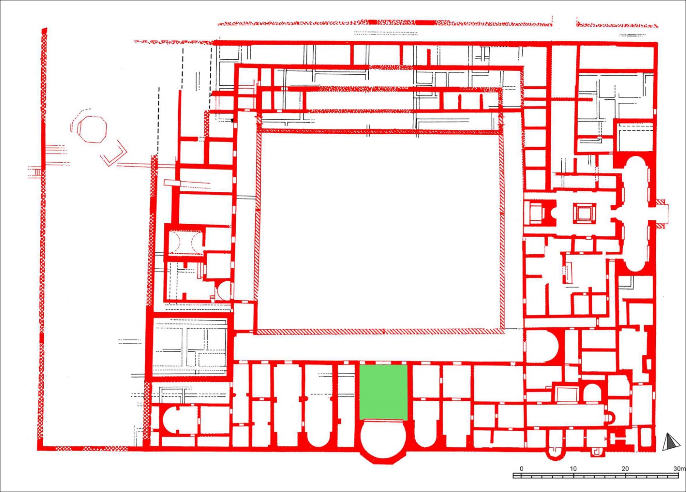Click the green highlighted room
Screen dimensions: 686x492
383,392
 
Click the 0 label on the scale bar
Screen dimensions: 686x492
522,469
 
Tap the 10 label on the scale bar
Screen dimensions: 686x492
573,469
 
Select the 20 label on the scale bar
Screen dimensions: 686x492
625,469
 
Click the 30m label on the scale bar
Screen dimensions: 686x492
680,469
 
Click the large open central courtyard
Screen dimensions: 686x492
380,232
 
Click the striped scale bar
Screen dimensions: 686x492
596,476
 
